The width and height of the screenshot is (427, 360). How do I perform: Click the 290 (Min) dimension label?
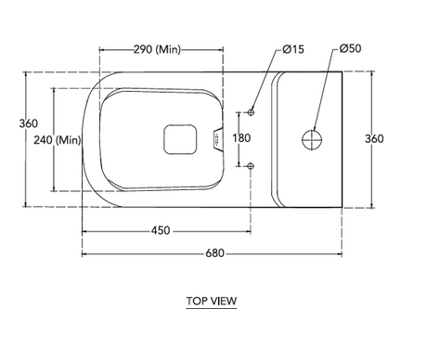click(x=157, y=49)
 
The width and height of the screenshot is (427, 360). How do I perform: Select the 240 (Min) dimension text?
click(x=58, y=140)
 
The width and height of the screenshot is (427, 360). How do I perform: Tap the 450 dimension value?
click(x=161, y=230)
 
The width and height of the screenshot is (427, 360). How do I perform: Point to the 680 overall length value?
click(x=214, y=253)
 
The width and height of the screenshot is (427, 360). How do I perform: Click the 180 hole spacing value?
click(x=241, y=138)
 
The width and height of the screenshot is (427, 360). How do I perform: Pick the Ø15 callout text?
click(x=293, y=49)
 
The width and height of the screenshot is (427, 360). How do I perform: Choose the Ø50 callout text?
click(x=350, y=48)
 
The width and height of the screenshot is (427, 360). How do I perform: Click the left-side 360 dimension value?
click(x=29, y=123)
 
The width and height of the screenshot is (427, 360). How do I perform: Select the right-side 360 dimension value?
click(x=374, y=138)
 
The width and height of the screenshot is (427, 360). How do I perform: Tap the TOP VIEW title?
click(x=212, y=301)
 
